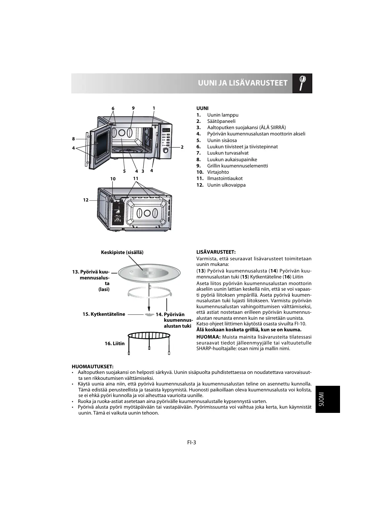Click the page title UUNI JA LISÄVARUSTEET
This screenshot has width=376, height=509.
tap(243, 83)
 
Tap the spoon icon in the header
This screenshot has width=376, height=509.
tap(302, 83)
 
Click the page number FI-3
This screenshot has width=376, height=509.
tap(192, 443)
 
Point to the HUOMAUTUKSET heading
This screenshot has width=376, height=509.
tap(93, 366)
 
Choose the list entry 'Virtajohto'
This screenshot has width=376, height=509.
tap(218, 172)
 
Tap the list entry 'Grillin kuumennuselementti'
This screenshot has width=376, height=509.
tap(237, 166)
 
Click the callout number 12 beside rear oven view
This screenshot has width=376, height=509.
tap(85, 200)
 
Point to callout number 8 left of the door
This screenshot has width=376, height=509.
tap(74, 139)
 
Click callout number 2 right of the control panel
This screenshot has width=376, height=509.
tap(182, 147)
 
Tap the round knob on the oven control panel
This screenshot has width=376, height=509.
tap(165, 151)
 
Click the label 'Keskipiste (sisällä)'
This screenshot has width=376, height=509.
tap(122, 252)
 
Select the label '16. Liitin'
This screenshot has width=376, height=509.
tap(115, 344)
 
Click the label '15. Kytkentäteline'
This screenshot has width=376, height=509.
tap(104, 314)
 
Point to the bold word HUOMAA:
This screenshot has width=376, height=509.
tap(208, 337)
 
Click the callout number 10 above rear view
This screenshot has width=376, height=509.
tap(113, 178)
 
